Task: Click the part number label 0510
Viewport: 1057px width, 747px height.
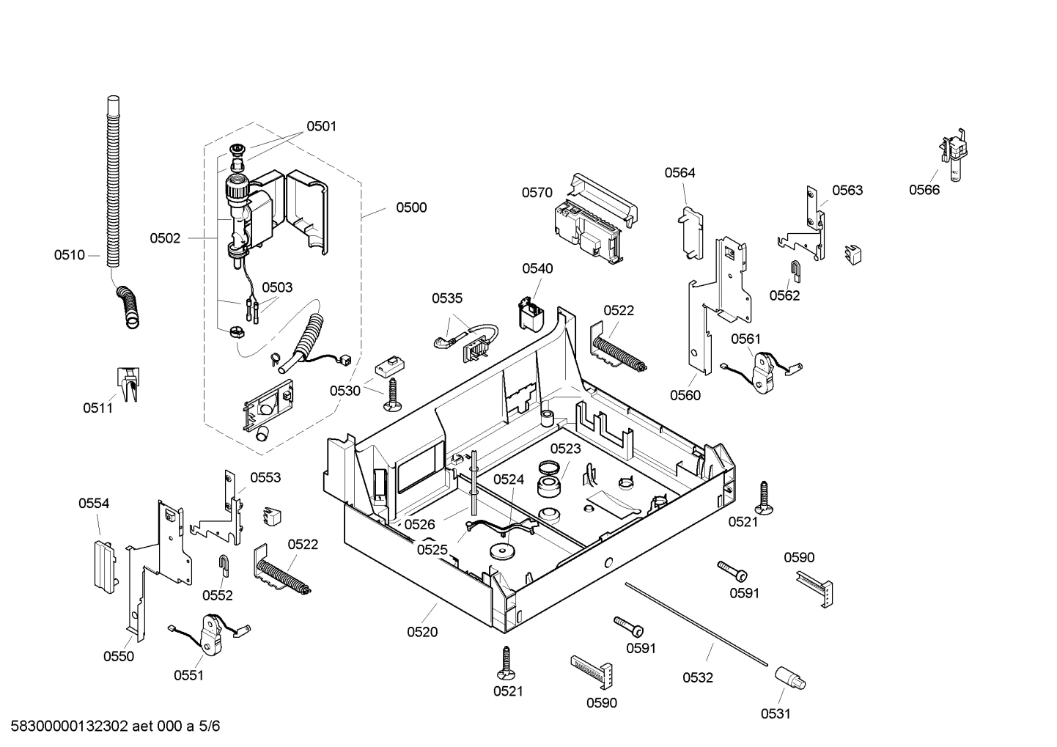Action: (69, 255)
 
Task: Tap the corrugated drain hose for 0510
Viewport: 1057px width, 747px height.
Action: (113, 183)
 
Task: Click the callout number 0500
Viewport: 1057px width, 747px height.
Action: (411, 207)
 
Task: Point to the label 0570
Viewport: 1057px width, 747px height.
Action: (537, 193)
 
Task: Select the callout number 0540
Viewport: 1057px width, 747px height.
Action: (537, 269)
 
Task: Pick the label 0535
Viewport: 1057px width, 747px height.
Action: (447, 298)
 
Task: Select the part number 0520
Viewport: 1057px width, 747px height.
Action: (422, 632)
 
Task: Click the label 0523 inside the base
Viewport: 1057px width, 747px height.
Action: (565, 449)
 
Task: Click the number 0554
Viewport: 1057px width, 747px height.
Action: (94, 504)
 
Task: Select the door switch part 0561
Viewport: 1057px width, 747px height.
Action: (765, 371)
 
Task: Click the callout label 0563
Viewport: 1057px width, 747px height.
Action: (847, 191)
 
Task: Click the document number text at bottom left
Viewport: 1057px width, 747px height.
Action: (111, 726)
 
